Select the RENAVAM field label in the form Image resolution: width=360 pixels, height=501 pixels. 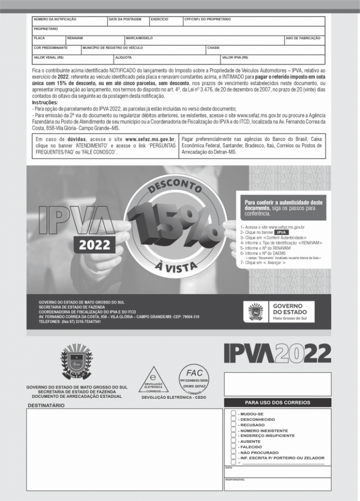pyautogui.click(x=75, y=38)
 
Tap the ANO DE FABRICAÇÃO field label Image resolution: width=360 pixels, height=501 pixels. pyautogui.click(x=303, y=38)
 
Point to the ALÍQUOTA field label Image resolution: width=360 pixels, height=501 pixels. pyautogui.click(x=124, y=57)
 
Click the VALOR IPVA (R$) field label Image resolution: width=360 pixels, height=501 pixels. pyautogui.click(x=235, y=57)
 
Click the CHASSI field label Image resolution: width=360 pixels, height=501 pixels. pyautogui.click(x=213, y=48)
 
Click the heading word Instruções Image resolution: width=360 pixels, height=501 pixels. pyautogui.click(x=45, y=103)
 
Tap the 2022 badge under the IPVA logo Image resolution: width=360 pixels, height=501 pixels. pyautogui.click(x=94, y=245)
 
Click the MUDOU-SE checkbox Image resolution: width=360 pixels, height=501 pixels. pyautogui.click(x=234, y=413)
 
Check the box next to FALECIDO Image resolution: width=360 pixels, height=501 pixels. pyautogui.click(x=234, y=447)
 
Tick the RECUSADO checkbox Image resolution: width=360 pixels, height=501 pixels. pyautogui.click(x=234, y=425)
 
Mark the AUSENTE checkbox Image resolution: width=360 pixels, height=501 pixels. pyautogui.click(x=234, y=441)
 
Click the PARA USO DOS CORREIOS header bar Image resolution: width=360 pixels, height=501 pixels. pyautogui.click(x=277, y=404)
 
